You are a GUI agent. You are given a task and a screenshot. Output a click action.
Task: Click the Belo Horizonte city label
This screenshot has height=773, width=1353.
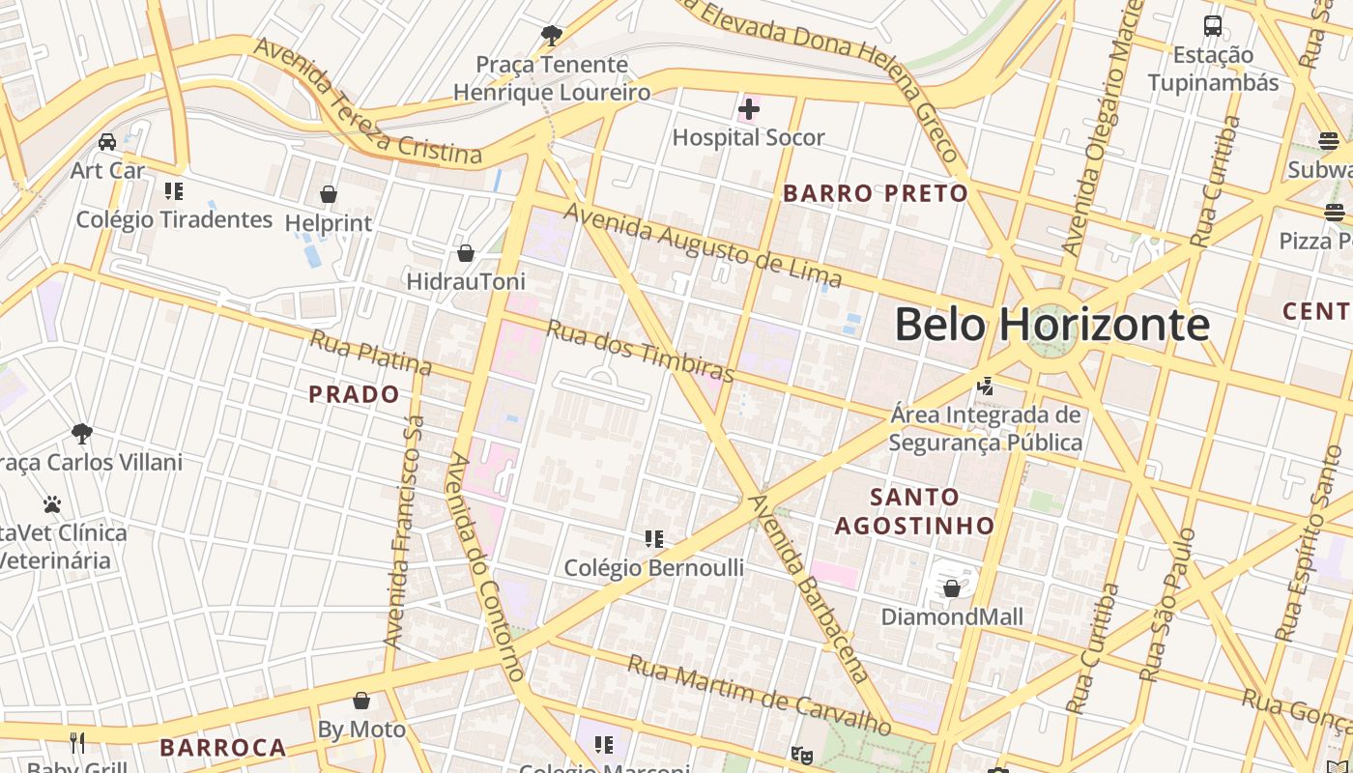[1051, 324]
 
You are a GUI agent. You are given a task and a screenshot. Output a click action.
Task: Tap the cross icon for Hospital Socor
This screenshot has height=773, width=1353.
[749, 109]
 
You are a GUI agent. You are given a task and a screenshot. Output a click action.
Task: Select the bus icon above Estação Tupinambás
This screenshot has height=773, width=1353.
[1212, 26]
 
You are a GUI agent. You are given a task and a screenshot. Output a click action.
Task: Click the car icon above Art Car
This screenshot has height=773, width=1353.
[107, 142]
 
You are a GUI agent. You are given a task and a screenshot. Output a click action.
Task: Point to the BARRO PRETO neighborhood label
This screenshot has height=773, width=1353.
[876, 193]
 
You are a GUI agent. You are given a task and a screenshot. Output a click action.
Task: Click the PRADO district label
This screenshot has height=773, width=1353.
[354, 394]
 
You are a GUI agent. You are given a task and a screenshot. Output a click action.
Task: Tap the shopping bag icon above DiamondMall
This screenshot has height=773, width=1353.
[951, 588]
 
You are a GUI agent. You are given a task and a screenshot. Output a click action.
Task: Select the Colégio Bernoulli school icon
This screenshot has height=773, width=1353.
[654, 538]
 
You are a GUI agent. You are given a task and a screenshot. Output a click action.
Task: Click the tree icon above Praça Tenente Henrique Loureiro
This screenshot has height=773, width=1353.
[552, 36]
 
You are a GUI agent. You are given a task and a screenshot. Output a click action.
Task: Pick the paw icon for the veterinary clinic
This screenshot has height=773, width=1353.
[52, 504]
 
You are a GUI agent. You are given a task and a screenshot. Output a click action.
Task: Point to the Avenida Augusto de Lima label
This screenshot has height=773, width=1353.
[703, 245]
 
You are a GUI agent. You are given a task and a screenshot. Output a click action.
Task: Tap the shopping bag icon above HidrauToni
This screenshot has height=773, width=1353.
[466, 253]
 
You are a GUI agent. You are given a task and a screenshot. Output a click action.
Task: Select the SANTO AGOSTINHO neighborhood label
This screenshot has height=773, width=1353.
[914, 511]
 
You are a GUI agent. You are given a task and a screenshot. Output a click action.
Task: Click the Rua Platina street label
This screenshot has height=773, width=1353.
[371, 352]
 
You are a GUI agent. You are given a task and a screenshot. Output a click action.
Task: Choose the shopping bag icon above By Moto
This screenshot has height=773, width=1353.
[361, 701]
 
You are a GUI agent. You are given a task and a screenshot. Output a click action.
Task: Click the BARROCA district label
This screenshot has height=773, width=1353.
[223, 748]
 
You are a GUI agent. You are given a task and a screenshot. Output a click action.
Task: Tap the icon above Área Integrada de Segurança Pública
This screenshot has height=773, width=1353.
[985, 386]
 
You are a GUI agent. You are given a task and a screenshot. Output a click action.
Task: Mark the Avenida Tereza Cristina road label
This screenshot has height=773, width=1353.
[367, 101]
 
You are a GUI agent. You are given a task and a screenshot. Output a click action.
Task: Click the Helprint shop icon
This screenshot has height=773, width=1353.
[329, 194]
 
